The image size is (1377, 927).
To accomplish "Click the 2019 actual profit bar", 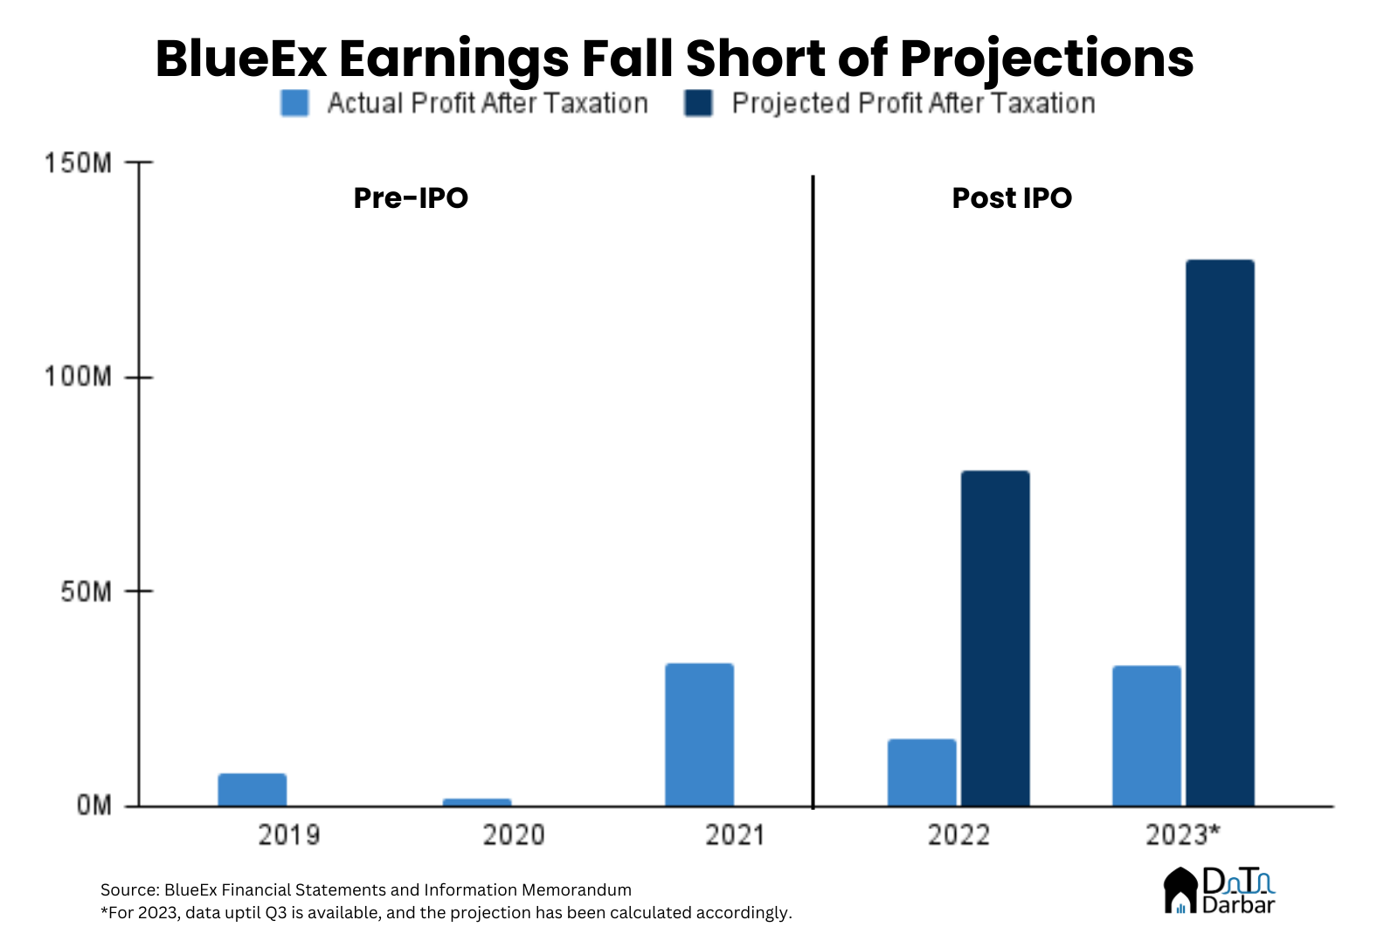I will (x=252, y=789).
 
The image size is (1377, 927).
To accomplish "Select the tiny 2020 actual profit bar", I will (x=476, y=802).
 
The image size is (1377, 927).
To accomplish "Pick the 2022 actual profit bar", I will (x=922, y=772).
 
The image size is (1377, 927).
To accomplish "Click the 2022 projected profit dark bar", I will (x=995, y=638).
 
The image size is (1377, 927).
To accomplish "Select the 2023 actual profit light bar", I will (x=1146, y=736).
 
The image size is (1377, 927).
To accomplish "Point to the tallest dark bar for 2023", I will (x=1220, y=533).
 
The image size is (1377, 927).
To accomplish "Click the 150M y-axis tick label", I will (x=78, y=163).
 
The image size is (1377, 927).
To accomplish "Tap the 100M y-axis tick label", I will (x=78, y=377).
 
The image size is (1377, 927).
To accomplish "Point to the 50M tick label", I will (x=86, y=591).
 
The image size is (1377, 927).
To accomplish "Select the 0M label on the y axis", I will (x=93, y=805).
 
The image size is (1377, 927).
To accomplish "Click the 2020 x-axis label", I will (x=513, y=835).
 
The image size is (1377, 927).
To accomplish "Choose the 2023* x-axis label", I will (x=1181, y=835).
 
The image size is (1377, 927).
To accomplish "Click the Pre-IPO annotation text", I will (x=411, y=198).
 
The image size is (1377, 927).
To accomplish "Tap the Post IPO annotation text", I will (x=1011, y=198).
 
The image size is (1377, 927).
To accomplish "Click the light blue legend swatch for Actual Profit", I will (x=294, y=103).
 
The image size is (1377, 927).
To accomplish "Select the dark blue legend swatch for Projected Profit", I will (x=698, y=103).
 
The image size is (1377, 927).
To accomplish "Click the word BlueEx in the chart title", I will (x=241, y=59).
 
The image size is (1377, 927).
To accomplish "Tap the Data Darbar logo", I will (x=1219, y=890).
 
